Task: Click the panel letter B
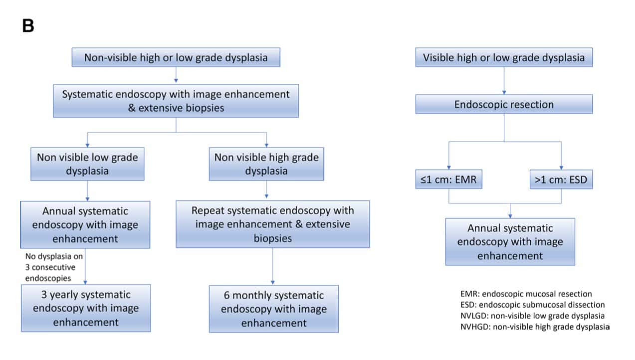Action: (x=28, y=26)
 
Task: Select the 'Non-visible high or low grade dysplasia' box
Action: (x=176, y=57)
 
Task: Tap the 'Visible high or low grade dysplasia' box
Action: (x=504, y=57)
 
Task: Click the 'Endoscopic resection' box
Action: (x=504, y=104)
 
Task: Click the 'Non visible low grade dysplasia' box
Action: (x=87, y=164)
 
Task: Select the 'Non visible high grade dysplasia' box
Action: (x=266, y=164)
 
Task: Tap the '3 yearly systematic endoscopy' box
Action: (x=85, y=308)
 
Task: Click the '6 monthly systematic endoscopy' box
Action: (x=273, y=309)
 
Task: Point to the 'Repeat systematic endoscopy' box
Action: (x=273, y=224)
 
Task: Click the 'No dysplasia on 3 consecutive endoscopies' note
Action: (x=52, y=267)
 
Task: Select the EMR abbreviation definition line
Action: (x=526, y=294)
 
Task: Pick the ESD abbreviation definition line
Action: (x=532, y=305)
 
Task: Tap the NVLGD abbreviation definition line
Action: (x=532, y=316)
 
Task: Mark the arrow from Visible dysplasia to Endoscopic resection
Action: (x=504, y=80)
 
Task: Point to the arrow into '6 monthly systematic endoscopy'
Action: (x=273, y=267)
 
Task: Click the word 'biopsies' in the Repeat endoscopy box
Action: (x=272, y=238)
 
